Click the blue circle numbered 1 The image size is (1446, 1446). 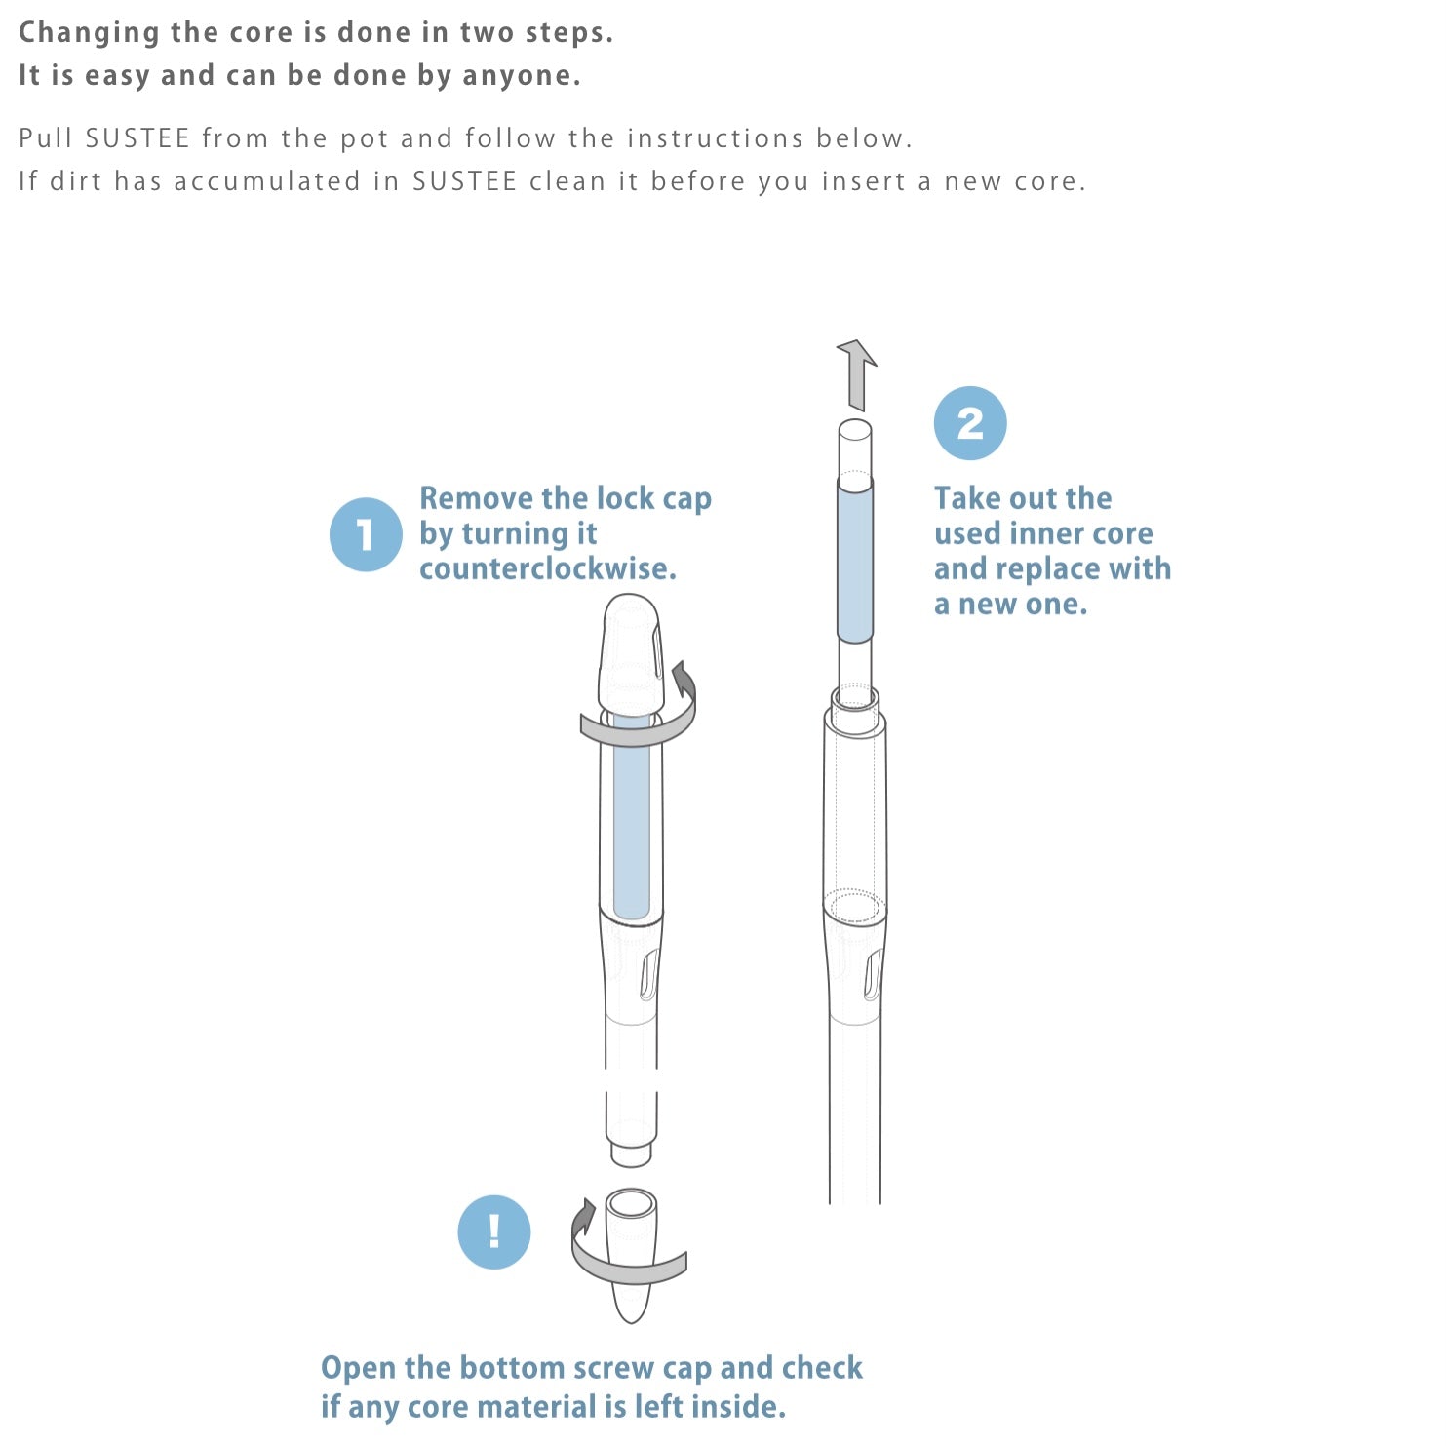click(x=366, y=534)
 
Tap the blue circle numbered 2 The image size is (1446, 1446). click(x=970, y=423)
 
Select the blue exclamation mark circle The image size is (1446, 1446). click(x=494, y=1231)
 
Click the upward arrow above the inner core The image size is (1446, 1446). click(x=856, y=374)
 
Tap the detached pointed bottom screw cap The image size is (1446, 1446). click(x=631, y=1256)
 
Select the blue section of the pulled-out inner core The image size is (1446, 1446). click(x=855, y=559)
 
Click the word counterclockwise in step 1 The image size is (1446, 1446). click(x=548, y=568)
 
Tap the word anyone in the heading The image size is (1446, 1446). click(x=521, y=76)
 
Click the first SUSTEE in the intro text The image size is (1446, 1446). click(x=137, y=138)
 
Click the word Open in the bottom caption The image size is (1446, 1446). click(x=357, y=1369)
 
